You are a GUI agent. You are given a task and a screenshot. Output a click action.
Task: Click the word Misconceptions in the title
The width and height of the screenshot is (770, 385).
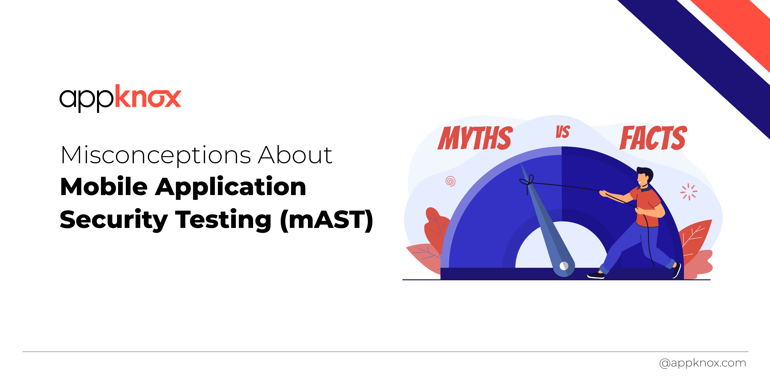[x=156, y=156]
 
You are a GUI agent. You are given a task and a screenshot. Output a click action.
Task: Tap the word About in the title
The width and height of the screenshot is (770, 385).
[x=295, y=156]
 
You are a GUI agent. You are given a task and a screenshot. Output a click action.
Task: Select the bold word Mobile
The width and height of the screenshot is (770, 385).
[x=104, y=187]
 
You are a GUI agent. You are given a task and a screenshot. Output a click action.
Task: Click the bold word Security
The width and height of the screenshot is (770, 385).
[x=114, y=220]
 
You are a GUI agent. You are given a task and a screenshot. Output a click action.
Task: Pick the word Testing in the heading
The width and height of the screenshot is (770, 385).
[x=223, y=220]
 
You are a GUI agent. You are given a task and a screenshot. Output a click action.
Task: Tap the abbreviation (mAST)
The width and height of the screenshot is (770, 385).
[x=326, y=220]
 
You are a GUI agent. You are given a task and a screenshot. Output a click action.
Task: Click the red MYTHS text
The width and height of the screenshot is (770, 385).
[x=475, y=138]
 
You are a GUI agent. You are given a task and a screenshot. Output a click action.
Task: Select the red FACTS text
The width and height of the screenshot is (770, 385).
[x=653, y=138]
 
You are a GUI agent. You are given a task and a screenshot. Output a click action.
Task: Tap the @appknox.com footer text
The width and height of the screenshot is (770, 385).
[x=702, y=363]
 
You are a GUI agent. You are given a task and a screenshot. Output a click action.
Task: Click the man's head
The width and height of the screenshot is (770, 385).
[x=644, y=176]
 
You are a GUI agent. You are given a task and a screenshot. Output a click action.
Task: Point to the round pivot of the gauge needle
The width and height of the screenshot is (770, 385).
[x=564, y=266]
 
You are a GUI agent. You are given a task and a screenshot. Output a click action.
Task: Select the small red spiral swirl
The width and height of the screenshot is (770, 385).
[x=450, y=181]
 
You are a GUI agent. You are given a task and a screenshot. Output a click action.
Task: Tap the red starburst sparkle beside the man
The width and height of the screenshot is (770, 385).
[x=689, y=192]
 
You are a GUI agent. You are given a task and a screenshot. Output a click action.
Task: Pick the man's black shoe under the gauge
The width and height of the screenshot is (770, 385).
[x=596, y=275]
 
